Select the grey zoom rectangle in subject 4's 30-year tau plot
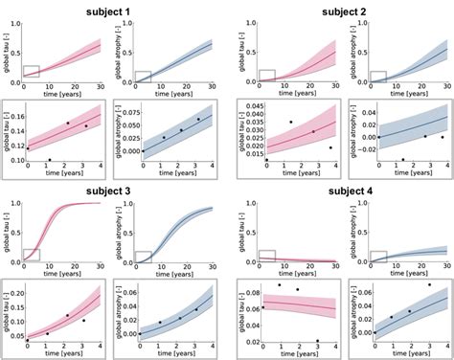click(265, 256)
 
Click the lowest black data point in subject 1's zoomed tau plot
click(50, 160)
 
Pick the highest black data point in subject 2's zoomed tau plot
click(290, 122)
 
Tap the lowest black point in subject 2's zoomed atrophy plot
click(402, 160)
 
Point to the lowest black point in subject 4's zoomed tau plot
click(317, 340)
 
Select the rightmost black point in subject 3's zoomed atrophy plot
click(197, 309)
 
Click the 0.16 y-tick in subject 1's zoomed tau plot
click(17, 115)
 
